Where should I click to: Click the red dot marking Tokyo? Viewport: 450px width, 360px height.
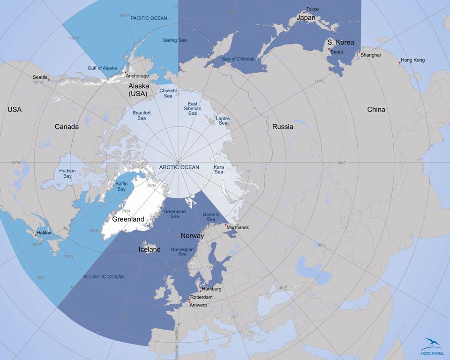[x=304, y=12]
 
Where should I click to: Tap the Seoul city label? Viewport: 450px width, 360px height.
[x=337, y=52]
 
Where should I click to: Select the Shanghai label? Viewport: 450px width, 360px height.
[x=371, y=55]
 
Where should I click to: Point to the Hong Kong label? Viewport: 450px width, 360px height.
[x=412, y=60]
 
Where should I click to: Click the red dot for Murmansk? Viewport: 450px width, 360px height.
[x=226, y=225]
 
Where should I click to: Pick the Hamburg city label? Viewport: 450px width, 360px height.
[x=211, y=289]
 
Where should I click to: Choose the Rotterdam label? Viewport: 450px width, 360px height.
[x=202, y=297]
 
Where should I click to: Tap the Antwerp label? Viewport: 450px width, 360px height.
[x=199, y=305]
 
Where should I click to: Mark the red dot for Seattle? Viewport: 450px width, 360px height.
[x=48, y=80]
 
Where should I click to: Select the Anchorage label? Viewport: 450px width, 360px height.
[x=137, y=76]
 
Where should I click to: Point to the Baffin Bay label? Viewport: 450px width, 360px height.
[x=122, y=187]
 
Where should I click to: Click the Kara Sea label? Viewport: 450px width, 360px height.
[x=219, y=170]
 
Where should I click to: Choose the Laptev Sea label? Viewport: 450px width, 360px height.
[x=223, y=121]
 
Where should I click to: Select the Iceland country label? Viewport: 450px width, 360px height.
[x=150, y=249]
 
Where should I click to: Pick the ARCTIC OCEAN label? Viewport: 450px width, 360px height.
[x=179, y=167]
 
